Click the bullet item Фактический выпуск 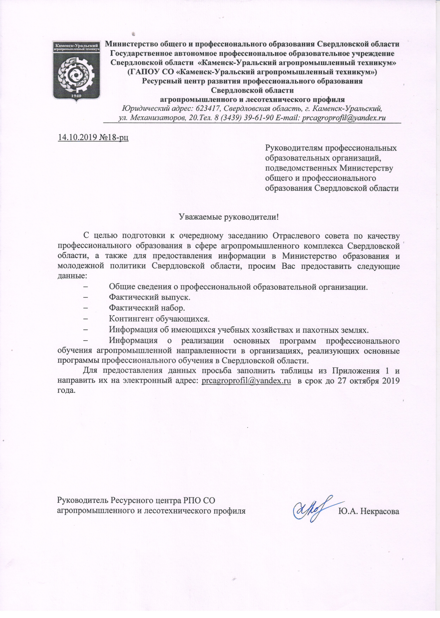pos(149,297)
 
